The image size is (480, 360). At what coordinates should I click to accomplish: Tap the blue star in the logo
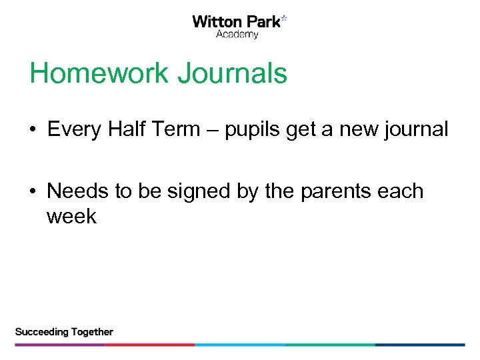(284, 18)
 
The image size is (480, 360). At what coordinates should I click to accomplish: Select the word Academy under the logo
(237, 35)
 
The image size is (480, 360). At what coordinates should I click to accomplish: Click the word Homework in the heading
(99, 73)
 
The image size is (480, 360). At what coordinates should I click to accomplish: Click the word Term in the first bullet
(177, 129)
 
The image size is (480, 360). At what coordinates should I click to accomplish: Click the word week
(71, 217)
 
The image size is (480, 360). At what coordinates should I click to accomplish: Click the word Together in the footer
(90, 332)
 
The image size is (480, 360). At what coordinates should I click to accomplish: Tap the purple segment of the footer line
(60, 345)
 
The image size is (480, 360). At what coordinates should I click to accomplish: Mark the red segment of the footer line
(149, 345)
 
